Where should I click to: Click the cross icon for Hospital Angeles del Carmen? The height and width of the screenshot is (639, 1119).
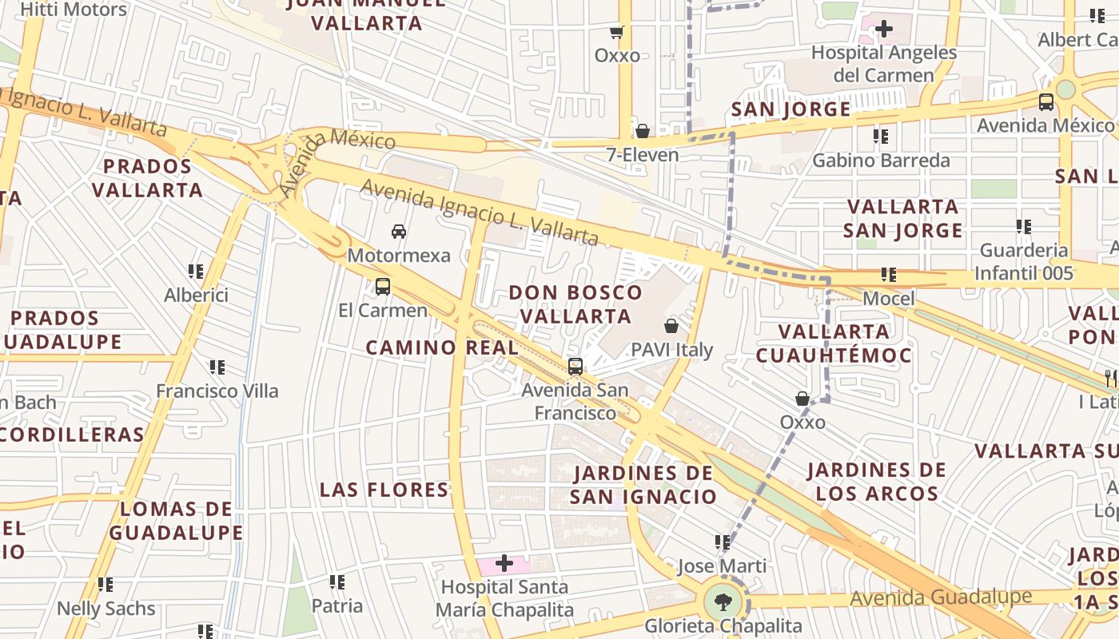[884, 30]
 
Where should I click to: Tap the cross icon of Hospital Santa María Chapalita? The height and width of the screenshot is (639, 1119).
[504, 564]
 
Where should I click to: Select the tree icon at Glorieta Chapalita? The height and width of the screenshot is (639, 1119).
[723, 600]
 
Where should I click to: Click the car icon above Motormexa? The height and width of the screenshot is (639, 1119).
[398, 232]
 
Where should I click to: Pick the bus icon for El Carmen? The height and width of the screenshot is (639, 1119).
[383, 286]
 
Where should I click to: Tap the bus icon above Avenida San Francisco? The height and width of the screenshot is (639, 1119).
[575, 367]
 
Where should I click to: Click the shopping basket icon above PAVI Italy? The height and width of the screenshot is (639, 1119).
[671, 326]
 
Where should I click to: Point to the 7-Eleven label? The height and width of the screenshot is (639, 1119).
[643, 154]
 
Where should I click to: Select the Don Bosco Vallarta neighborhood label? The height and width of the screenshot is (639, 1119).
[575, 304]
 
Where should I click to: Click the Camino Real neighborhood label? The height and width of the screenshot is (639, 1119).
[442, 347]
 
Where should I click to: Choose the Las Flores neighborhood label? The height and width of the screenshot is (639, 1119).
[384, 490]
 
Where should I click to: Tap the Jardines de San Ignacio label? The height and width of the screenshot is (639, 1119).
[643, 485]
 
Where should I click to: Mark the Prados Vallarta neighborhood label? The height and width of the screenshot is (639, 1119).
[147, 178]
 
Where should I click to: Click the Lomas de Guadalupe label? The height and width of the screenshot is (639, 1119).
[176, 521]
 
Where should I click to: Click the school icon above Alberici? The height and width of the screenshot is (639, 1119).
[196, 272]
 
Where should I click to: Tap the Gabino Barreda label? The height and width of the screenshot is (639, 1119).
[881, 161]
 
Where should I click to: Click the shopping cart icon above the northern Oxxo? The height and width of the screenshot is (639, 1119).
[616, 33]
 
